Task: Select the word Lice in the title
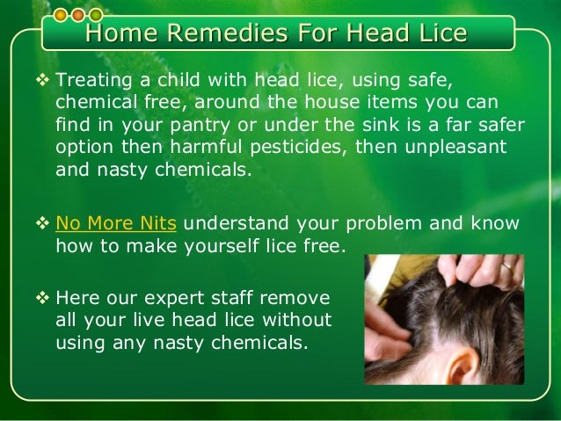[x=436, y=34]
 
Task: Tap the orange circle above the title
[x=77, y=15]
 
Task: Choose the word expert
[x=178, y=296]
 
